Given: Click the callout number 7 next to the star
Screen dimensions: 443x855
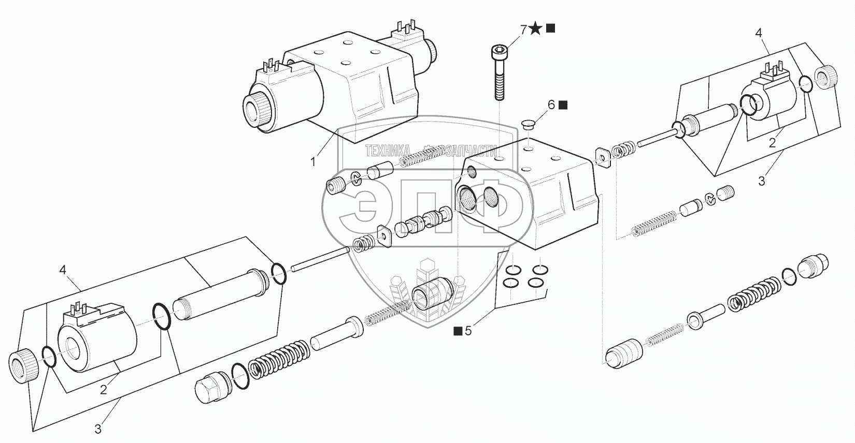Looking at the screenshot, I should pyautogui.click(x=523, y=29).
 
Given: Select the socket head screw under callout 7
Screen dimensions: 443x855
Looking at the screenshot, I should pyautogui.click(x=499, y=72).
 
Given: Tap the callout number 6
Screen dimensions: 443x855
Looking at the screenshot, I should pyautogui.click(x=551, y=105).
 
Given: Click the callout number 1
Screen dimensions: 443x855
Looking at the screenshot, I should pyautogui.click(x=313, y=162).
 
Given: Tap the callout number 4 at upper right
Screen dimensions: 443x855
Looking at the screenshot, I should pyautogui.click(x=758, y=33).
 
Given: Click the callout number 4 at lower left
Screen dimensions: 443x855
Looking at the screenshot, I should pyautogui.click(x=63, y=270).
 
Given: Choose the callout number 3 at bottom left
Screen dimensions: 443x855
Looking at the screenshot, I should pyautogui.click(x=98, y=429).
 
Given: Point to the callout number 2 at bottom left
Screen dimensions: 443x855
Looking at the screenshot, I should pyautogui.click(x=103, y=390).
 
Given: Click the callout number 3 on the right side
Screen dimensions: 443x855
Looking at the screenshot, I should pyautogui.click(x=761, y=181).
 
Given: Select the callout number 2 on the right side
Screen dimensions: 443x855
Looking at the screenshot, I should pyautogui.click(x=772, y=143).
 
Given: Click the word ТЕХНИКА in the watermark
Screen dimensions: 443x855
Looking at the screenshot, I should pyautogui.click(x=388, y=151).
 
